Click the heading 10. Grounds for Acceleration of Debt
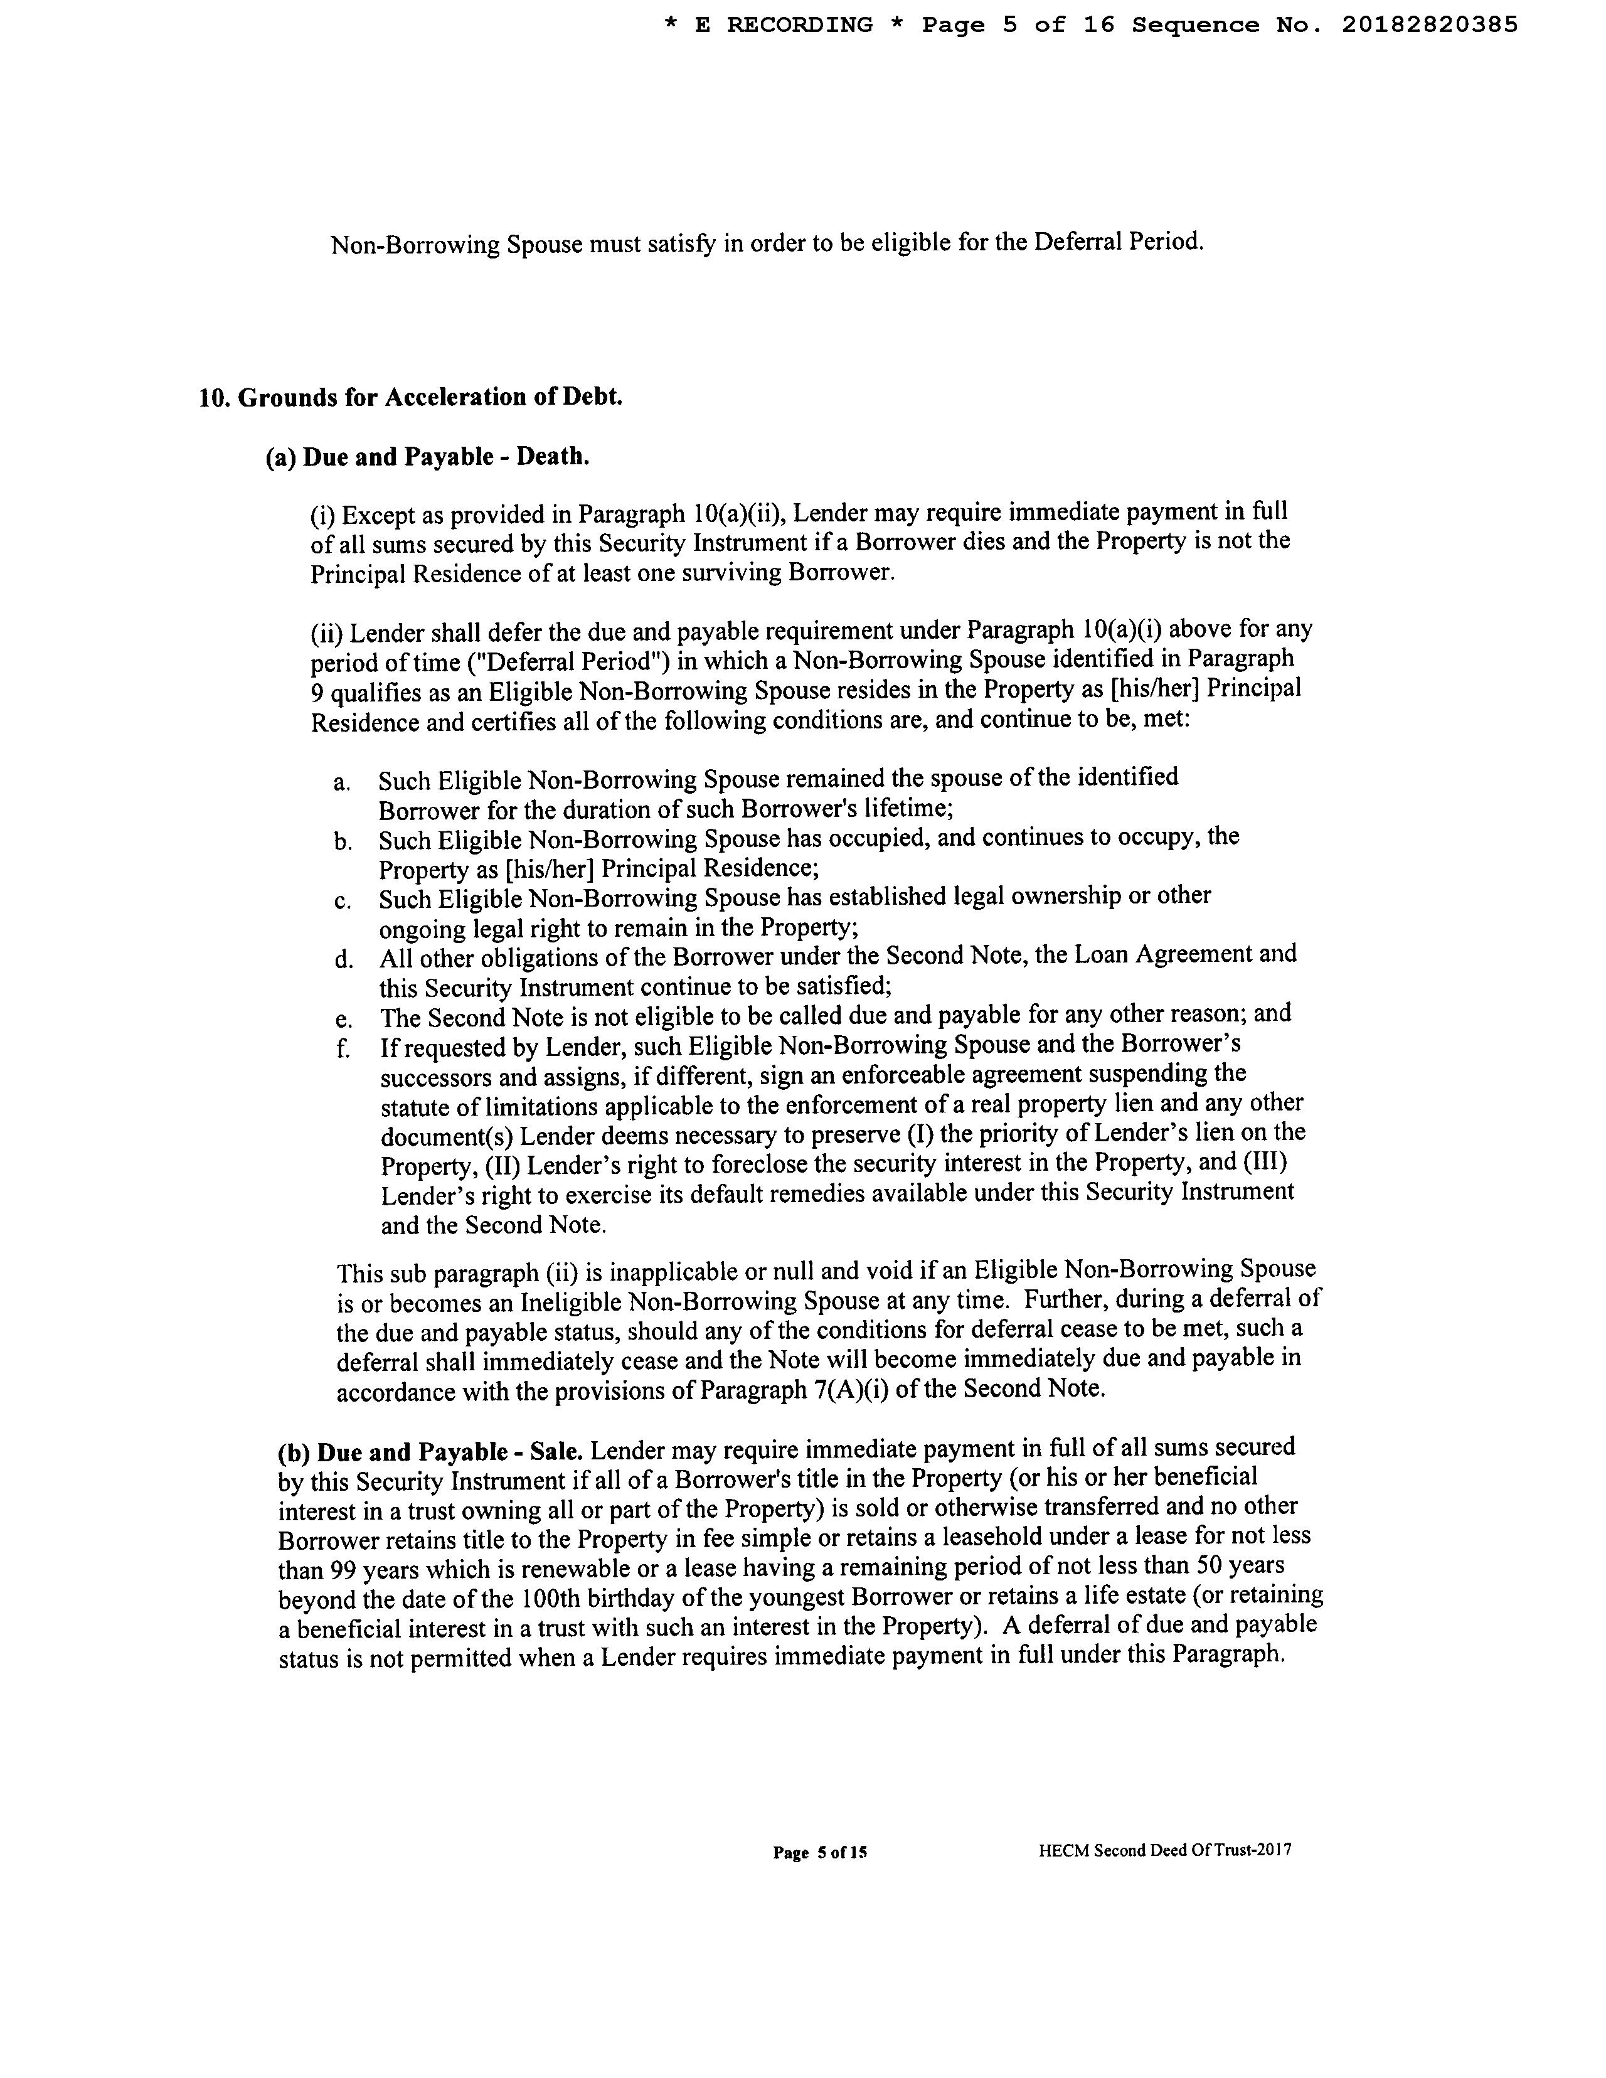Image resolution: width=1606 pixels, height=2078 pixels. [x=410, y=397]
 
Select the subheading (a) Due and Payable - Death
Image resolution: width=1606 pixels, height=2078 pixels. [x=427, y=457]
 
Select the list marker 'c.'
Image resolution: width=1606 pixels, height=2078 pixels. [x=343, y=901]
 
